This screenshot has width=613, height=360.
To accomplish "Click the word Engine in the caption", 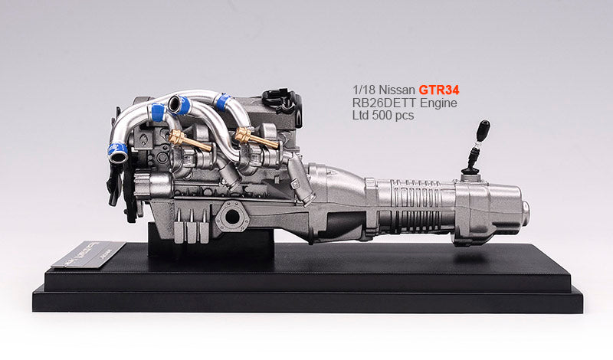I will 442,103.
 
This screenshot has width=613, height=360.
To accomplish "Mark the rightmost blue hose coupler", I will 223,102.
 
